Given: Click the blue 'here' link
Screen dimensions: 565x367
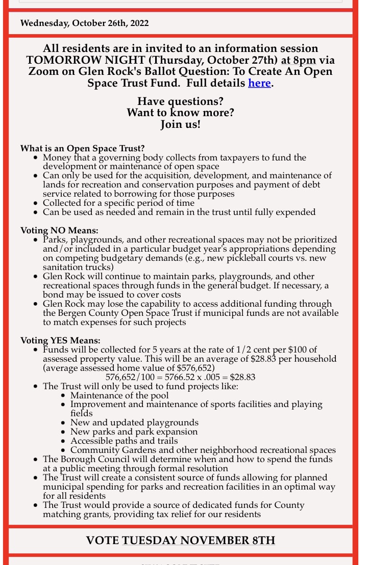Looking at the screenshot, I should [259, 83].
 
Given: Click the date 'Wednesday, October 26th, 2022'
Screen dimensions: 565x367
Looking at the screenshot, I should [84, 23].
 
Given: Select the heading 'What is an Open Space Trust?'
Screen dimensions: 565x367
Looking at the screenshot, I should [82, 148].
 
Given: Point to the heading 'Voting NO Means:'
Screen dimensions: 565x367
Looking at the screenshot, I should [59, 230].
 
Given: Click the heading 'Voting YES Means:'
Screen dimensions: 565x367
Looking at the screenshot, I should [60, 340].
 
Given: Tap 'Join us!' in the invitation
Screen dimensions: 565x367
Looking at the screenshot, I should [181, 124].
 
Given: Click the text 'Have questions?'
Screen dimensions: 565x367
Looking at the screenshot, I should [181, 101].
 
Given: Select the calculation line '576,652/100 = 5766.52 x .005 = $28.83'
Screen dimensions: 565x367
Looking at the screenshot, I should [180, 378].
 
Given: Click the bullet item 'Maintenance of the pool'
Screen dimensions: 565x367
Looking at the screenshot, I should [119, 395].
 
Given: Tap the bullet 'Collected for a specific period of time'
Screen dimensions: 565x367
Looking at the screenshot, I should [116, 203].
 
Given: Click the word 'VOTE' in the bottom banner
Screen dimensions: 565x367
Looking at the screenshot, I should [103, 540].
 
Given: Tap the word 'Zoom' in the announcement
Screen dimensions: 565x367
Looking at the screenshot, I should [44, 71].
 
